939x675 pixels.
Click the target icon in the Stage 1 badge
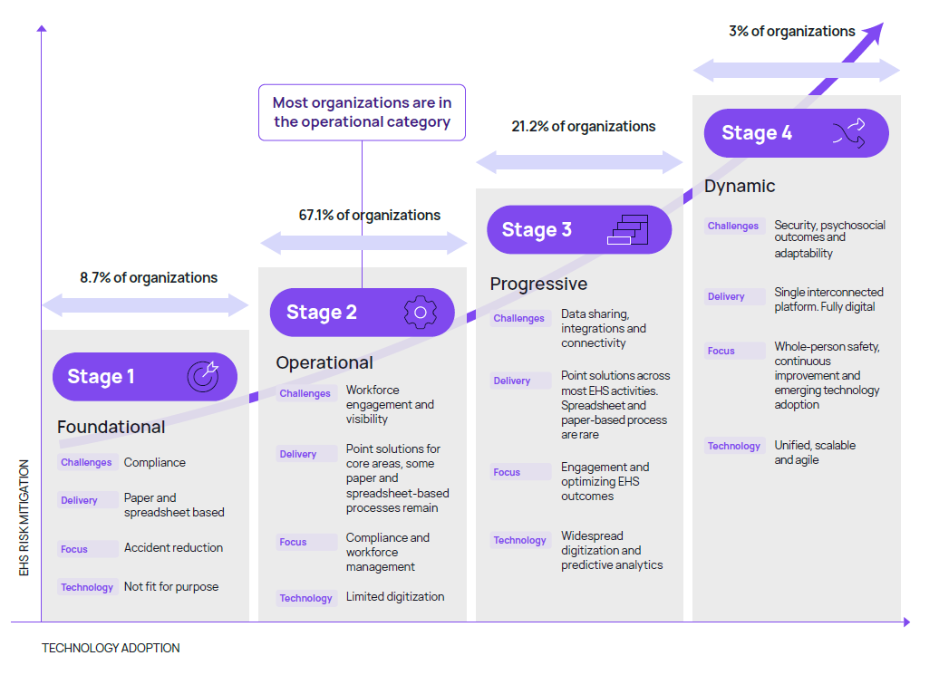(202, 376)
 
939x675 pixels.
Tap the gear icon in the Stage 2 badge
(420, 313)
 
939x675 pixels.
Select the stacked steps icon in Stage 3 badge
(628, 230)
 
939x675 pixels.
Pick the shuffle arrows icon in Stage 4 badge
(849, 133)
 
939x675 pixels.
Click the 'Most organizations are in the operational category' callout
(362, 112)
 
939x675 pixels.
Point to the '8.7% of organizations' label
(149, 278)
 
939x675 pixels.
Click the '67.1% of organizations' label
(370, 215)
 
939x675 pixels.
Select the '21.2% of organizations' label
(584, 127)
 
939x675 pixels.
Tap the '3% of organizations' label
(792, 32)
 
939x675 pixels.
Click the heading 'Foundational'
(111, 427)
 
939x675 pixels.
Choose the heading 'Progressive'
(538, 284)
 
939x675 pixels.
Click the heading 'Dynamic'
(740, 186)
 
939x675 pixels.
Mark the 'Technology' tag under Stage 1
(87, 587)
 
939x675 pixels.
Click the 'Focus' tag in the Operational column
(294, 542)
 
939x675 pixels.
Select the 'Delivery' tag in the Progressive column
(512, 381)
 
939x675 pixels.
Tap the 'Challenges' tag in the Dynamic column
(733, 226)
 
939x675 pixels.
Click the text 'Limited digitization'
(395, 597)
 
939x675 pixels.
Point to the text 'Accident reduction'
(173, 547)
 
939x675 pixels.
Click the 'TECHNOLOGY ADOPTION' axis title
(111, 648)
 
